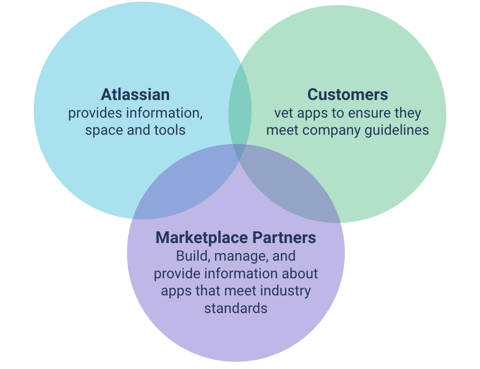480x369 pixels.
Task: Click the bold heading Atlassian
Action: click(135, 94)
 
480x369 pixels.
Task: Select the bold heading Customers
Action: click(347, 94)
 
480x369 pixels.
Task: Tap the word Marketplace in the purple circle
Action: click(202, 238)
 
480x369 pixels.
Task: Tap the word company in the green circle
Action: click(332, 131)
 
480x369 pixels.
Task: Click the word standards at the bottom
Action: click(236, 308)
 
